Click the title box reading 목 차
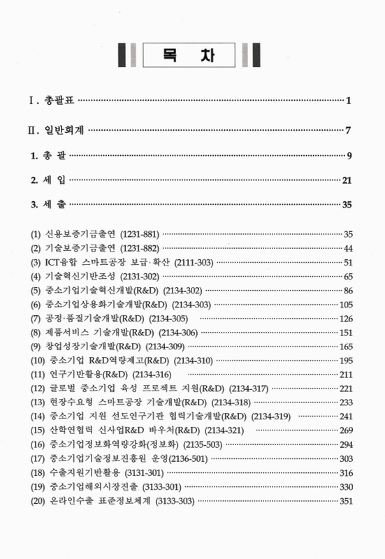tap(191, 55)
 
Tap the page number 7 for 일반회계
tap(347, 130)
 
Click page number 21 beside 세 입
tap(345, 181)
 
